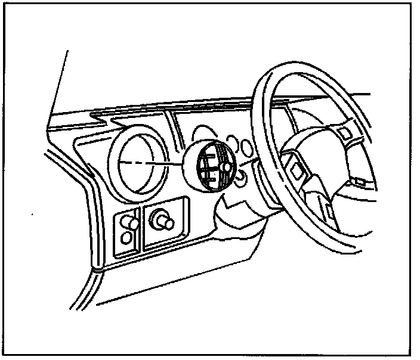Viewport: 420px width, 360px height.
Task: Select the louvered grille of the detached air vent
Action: pos(209,166)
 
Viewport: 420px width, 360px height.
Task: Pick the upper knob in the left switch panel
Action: pos(129,223)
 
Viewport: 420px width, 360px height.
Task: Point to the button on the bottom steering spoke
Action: pos(329,209)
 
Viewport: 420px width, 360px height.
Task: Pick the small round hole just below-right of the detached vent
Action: pos(240,177)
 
